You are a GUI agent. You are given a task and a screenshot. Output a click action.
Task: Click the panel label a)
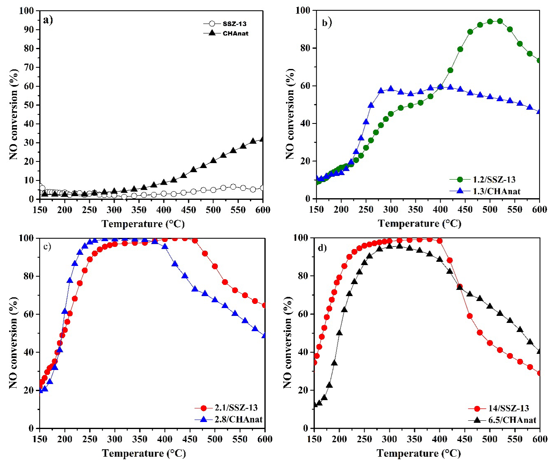[47, 20]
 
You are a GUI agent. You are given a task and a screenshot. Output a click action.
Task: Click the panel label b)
[327, 23]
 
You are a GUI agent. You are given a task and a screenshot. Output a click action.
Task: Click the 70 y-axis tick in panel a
[29, 67]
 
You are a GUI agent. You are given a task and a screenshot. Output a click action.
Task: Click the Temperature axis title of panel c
[144, 453]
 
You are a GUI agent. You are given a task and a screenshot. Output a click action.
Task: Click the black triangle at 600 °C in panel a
[262, 139]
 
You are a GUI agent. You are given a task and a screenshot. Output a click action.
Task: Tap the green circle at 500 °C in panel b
[490, 21]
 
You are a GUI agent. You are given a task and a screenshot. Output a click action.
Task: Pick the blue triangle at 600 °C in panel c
[264, 335]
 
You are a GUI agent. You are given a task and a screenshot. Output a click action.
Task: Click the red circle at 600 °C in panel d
[539, 373]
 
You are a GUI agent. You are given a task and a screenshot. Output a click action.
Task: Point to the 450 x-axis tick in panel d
[464, 439]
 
